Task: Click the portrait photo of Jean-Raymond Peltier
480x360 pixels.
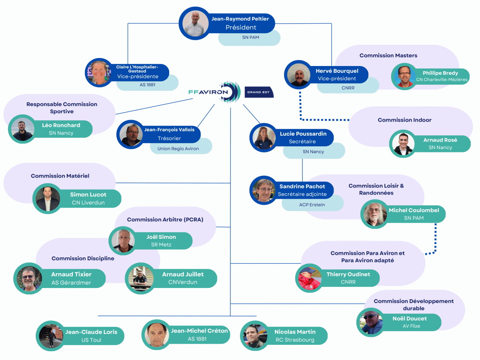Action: [x=196, y=23]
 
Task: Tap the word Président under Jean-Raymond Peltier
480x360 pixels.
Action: [x=241, y=28]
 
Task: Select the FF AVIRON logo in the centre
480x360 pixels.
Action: [x=214, y=92]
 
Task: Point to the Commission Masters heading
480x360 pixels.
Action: [x=388, y=56]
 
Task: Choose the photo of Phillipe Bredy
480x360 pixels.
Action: [x=404, y=76]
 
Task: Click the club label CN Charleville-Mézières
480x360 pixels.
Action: [x=442, y=80]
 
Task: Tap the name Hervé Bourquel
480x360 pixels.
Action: [x=337, y=71]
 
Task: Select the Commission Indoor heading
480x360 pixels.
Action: [x=404, y=120]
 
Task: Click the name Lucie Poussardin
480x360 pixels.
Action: [x=303, y=134]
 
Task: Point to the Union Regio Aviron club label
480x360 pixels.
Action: [x=178, y=148]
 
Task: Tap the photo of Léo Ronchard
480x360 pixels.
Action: [x=22, y=129]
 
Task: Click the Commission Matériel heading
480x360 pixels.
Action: [x=60, y=176]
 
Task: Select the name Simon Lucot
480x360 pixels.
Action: [x=88, y=195]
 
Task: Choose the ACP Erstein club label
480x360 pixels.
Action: [x=312, y=204]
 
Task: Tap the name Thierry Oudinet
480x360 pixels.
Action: [x=348, y=274]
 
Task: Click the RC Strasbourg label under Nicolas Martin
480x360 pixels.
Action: [x=295, y=340]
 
